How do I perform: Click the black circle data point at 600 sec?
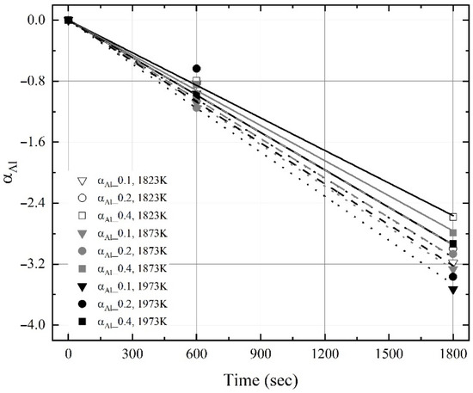click(196, 68)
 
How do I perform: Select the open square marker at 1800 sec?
click(453, 217)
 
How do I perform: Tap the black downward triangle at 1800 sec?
click(453, 290)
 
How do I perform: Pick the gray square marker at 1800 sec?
click(453, 232)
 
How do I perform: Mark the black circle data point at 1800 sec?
click(453, 277)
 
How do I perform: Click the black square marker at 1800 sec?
click(453, 244)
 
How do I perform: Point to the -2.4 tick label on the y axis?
click(39, 203)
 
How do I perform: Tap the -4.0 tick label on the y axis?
click(39, 325)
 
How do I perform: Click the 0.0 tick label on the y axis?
click(40, 20)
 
